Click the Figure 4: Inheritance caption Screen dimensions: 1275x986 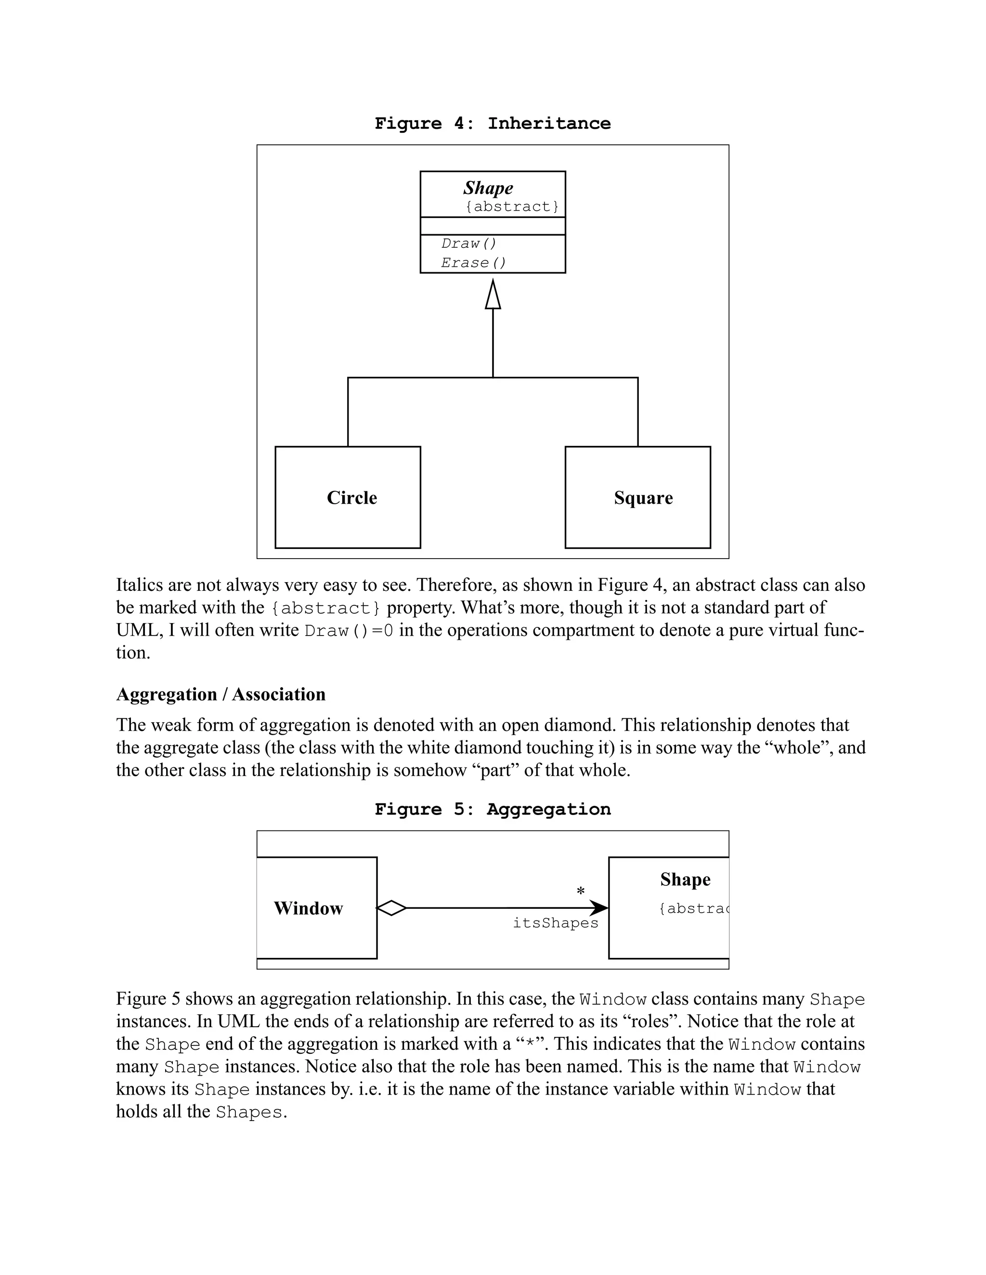493,123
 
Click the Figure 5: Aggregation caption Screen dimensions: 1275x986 493,809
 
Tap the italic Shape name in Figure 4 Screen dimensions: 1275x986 488,188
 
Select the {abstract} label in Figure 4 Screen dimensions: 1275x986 512,207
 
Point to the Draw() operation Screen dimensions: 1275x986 468,243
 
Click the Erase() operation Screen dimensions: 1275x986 473,263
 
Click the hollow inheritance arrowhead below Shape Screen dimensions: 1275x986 493,295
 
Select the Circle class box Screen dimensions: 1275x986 348,497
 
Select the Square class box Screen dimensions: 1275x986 638,497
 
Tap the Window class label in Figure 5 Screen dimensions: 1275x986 309,908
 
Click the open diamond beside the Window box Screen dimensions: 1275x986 391,908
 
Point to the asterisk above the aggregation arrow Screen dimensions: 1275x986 580,892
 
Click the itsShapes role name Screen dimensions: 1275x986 556,923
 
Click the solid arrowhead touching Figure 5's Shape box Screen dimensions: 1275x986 599,908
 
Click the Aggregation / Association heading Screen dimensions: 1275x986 221,694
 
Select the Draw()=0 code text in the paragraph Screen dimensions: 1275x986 349,631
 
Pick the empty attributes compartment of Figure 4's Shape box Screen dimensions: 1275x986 493,226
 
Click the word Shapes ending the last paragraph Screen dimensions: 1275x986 249,1112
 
